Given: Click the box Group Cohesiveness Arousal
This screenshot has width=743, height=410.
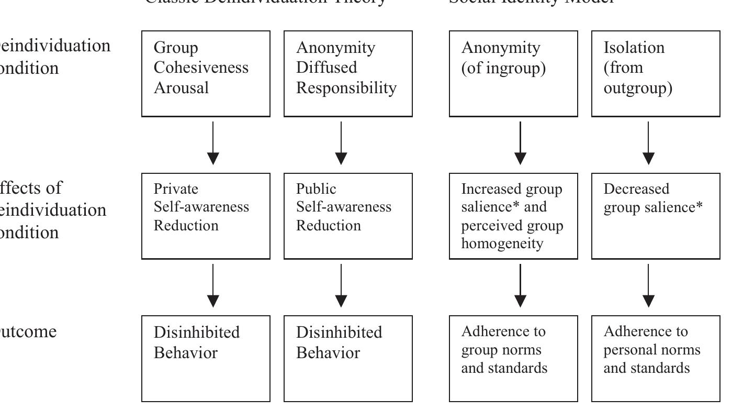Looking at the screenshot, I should tap(206, 73).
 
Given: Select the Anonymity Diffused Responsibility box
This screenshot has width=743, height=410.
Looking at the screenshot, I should tap(348, 73).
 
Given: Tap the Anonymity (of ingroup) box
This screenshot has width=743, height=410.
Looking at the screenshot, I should tap(513, 73).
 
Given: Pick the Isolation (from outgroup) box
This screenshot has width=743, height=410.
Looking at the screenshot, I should tap(656, 73).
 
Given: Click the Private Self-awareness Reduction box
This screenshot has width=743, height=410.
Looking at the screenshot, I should tap(206, 216).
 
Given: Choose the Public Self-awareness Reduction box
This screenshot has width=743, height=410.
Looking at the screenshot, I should tap(348, 216).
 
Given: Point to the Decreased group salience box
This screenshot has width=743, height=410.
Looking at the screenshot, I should tap(656, 216).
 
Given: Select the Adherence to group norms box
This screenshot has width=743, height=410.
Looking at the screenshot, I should tap(513, 358).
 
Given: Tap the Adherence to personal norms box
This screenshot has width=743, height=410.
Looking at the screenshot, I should tap(656, 358).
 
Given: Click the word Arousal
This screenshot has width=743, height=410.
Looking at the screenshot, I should tap(181, 88).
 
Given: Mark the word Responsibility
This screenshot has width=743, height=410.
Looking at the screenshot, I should tap(346, 88).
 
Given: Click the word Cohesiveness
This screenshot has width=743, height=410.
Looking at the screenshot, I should tap(201, 68).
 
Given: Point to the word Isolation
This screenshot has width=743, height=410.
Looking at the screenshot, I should tap(634, 48).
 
